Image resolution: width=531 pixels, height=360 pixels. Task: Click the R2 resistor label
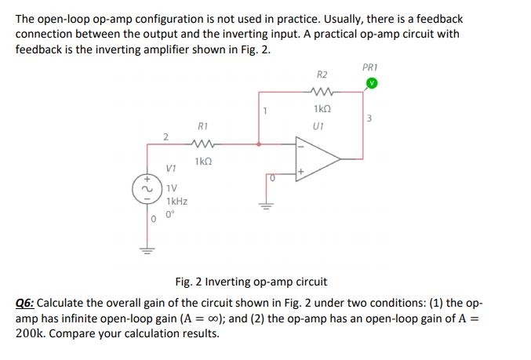click(x=322, y=75)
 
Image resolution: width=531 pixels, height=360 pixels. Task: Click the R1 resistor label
click(x=203, y=125)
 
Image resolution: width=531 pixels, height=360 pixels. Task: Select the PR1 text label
click(x=371, y=67)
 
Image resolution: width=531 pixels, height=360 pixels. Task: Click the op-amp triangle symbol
click(x=318, y=158)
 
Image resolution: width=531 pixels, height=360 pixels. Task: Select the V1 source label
click(x=171, y=168)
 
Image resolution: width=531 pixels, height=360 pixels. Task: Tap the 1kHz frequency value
click(x=177, y=201)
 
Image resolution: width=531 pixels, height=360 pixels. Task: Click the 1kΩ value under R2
click(x=322, y=109)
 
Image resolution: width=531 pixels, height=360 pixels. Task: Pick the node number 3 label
click(x=368, y=119)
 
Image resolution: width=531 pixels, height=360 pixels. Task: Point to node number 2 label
click(x=165, y=137)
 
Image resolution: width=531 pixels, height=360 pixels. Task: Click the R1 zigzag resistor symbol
click(x=203, y=144)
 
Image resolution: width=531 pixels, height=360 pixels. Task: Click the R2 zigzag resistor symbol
click(x=322, y=92)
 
